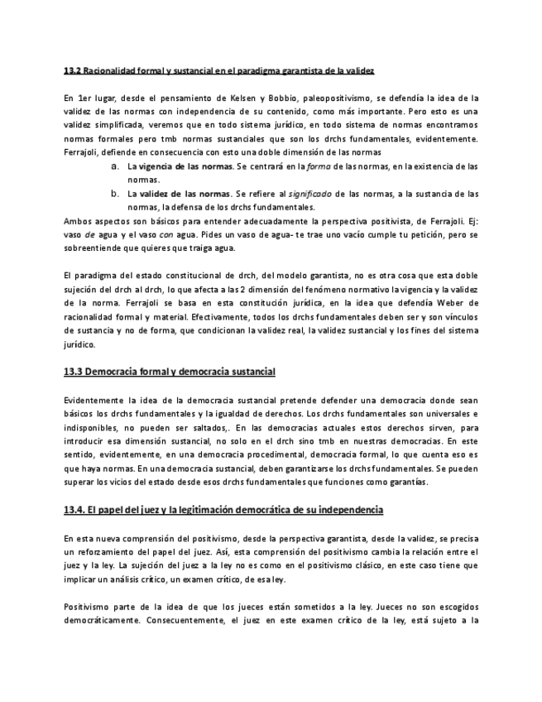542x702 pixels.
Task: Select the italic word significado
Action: (308, 194)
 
